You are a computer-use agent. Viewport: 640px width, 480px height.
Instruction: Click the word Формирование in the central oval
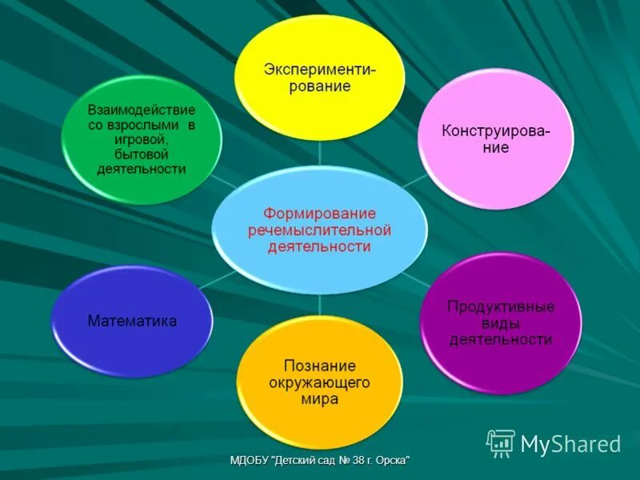click(x=320, y=214)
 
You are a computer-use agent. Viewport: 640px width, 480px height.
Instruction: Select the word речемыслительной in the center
click(x=320, y=230)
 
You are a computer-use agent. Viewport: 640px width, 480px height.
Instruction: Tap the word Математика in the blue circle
click(x=132, y=321)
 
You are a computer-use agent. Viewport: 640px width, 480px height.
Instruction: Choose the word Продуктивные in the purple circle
click(x=501, y=306)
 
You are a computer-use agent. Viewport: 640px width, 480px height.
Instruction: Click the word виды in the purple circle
click(x=501, y=323)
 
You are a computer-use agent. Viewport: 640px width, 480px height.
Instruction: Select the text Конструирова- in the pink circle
click(x=496, y=131)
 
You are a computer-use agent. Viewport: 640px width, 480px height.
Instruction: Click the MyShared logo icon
click(x=501, y=443)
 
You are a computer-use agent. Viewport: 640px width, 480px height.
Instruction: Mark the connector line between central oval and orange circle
click(x=320, y=304)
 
